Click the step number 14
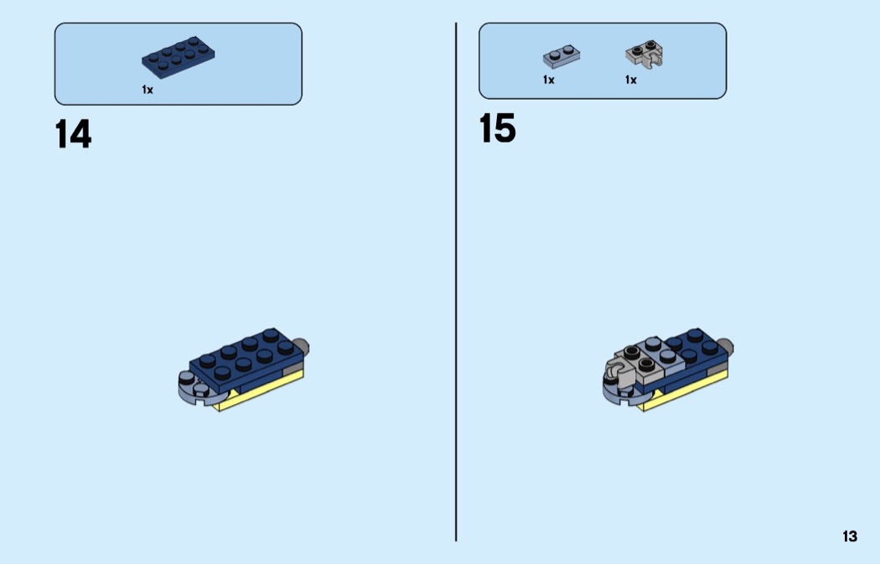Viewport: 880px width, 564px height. click(x=73, y=135)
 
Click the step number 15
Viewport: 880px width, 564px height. click(x=497, y=128)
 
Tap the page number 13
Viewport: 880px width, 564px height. click(x=850, y=536)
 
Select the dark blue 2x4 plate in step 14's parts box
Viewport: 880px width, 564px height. click(x=178, y=57)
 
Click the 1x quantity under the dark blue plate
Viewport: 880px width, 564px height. click(x=148, y=90)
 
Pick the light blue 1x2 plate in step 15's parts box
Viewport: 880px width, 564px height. click(x=562, y=56)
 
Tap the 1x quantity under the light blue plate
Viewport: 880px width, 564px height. click(x=549, y=80)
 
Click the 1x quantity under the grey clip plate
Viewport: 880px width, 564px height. click(x=631, y=80)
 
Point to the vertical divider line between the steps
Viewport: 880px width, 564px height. click(x=456, y=282)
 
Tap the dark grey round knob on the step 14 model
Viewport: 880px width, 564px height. click(x=301, y=346)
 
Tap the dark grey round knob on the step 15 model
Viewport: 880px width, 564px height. click(x=725, y=346)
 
